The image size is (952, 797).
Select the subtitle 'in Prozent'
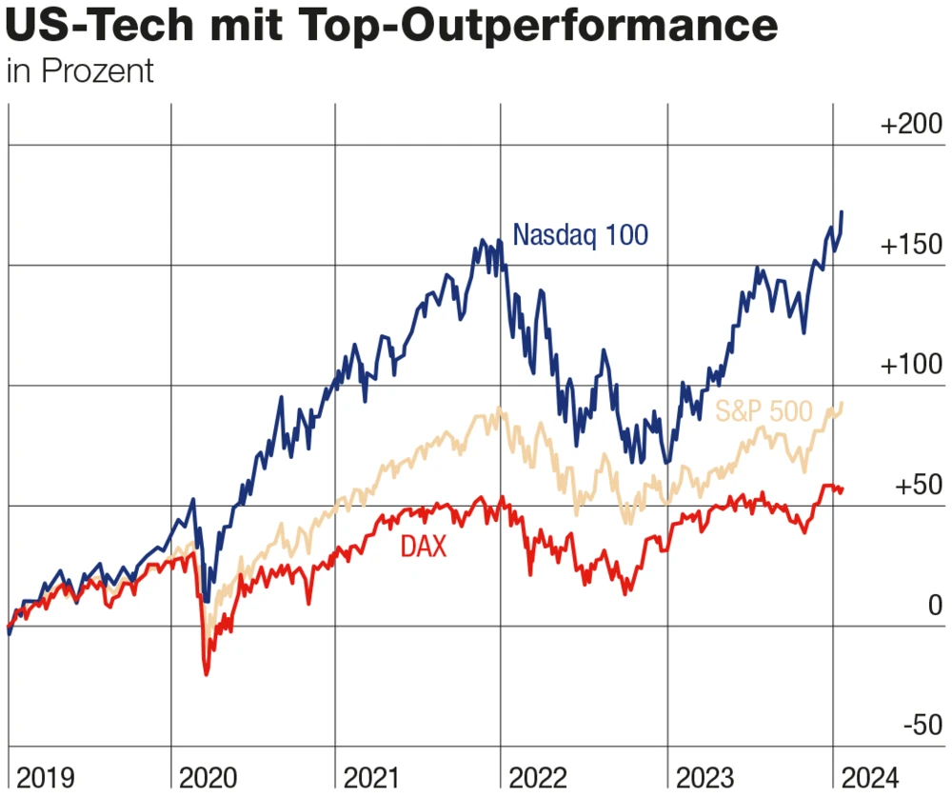pos(79,71)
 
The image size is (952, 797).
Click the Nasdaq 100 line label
pos(581,234)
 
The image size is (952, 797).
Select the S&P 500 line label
pos(764,411)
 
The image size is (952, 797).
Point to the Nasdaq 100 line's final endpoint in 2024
pos(842,211)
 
